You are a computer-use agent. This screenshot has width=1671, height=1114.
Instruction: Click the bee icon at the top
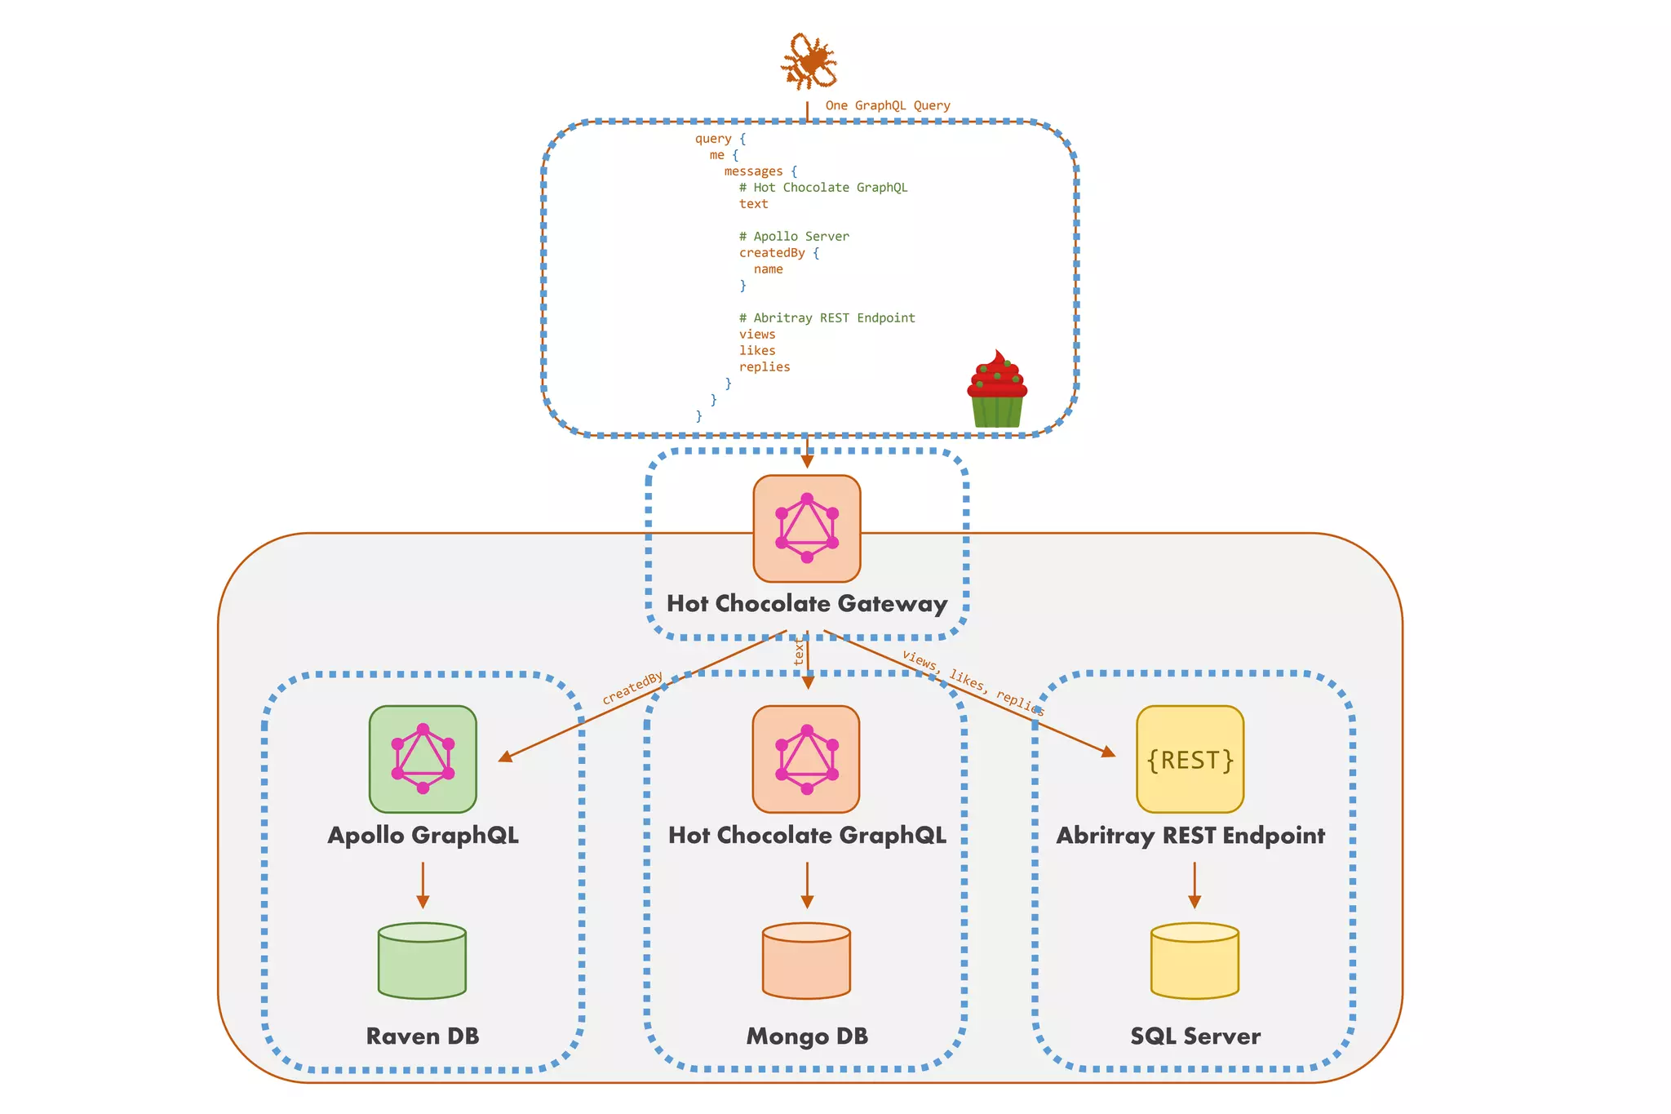click(808, 61)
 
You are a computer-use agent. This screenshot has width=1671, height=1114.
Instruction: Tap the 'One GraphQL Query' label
click(887, 105)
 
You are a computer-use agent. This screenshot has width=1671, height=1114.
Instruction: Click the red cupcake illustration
click(996, 390)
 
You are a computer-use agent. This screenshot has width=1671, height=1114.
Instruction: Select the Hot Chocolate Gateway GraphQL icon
click(806, 528)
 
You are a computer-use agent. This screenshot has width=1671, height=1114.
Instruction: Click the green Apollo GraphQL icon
click(422, 759)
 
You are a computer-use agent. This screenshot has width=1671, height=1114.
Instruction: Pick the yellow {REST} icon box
click(1190, 759)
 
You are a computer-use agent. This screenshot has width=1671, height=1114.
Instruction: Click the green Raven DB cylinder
click(422, 961)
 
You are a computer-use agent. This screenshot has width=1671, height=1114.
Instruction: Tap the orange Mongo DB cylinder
click(806, 961)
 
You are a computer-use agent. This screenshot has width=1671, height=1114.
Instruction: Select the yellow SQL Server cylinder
click(1195, 961)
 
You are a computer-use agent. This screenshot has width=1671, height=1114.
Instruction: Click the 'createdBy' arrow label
click(632, 689)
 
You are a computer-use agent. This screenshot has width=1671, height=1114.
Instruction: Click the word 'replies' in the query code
click(764, 367)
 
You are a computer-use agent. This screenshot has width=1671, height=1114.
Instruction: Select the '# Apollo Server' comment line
click(793, 237)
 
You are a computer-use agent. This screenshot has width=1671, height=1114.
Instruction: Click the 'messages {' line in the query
click(760, 171)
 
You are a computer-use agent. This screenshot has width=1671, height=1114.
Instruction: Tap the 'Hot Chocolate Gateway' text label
click(806, 604)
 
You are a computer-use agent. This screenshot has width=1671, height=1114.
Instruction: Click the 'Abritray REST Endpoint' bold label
click(1190, 836)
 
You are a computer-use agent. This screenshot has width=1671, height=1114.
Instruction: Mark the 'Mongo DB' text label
click(806, 1036)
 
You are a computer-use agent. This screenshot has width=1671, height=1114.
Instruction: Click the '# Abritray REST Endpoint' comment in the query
click(826, 318)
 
